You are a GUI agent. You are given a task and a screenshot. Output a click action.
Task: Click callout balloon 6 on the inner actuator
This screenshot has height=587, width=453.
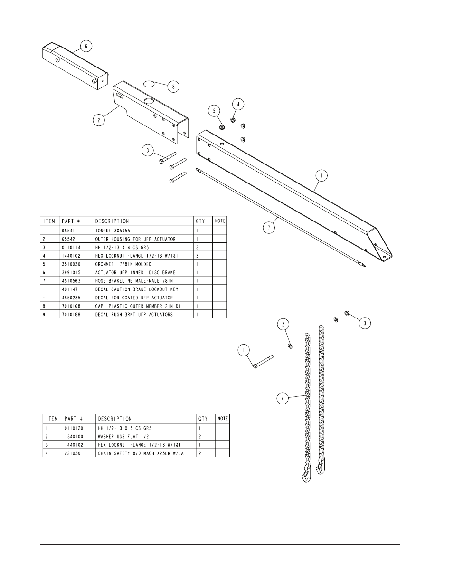tap(86, 46)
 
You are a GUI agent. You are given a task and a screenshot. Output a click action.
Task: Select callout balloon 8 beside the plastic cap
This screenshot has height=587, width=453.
tap(173, 87)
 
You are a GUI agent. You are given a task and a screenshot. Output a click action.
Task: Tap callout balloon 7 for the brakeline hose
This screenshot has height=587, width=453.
tap(269, 227)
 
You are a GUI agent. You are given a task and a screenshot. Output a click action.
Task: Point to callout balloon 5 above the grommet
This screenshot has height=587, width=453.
tap(215, 110)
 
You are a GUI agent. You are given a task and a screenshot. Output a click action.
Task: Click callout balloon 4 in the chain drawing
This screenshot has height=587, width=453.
tap(283, 398)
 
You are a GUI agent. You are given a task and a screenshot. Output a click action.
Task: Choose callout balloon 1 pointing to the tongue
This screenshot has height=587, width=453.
tap(321, 175)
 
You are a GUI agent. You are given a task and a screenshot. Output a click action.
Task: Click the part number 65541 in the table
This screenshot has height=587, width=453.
tap(69, 230)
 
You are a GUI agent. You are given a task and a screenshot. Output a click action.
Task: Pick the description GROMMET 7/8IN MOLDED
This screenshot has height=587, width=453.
tap(123, 264)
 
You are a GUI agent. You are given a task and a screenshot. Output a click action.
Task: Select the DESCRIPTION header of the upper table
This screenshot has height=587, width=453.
tap(112, 221)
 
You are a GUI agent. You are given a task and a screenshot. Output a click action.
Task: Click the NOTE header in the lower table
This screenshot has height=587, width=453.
tap(222, 419)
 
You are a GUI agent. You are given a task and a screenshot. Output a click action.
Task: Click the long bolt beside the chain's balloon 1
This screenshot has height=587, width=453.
tap(263, 361)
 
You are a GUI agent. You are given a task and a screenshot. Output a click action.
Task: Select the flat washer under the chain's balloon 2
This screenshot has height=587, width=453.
tap(290, 346)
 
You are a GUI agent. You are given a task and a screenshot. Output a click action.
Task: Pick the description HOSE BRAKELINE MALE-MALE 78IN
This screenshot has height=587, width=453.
tap(129, 281)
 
